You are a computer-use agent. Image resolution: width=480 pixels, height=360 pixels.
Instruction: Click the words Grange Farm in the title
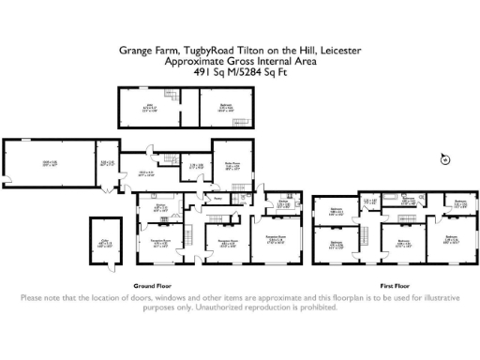click(x=142, y=52)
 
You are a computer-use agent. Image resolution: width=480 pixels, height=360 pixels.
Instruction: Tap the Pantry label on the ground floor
click(x=217, y=198)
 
